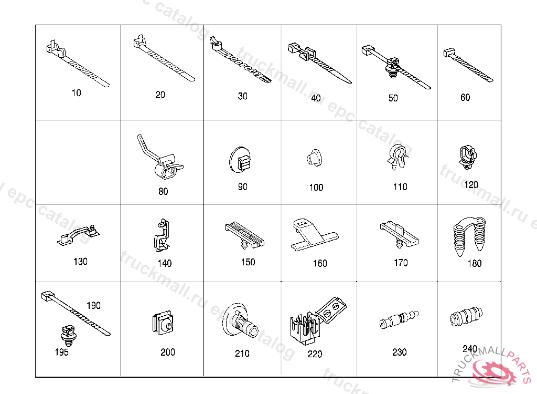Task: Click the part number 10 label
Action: (77, 92)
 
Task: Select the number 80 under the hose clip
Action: (163, 191)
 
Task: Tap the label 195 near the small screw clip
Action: (62, 352)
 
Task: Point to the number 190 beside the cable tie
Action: (93, 305)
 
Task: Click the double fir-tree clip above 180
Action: (469, 236)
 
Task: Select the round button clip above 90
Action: (240, 160)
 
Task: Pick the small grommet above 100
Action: (314, 158)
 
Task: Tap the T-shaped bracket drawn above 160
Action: (314, 235)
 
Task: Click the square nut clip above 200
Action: (163, 323)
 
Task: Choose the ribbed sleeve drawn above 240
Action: (466, 316)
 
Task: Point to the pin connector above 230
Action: (399, 319)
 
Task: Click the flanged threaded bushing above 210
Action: (240, 321)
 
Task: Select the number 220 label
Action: (315, 354)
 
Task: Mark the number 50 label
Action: (393, 98)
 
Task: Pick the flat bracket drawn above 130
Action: (79, 235)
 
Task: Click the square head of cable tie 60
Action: (449, 53)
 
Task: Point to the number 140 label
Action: (164, 263)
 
